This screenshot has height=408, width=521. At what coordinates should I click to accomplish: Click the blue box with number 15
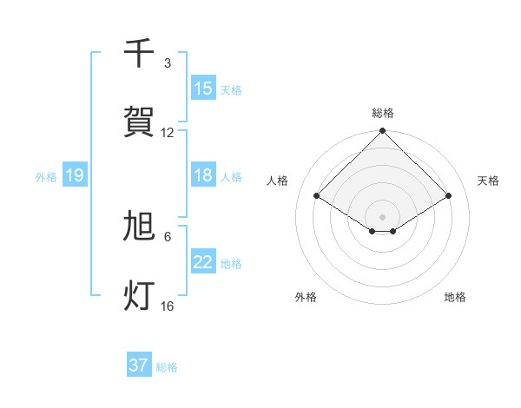pos(203,89)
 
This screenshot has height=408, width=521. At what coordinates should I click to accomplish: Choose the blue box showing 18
pos(203,175)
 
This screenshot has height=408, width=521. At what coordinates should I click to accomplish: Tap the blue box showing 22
pos(203,262)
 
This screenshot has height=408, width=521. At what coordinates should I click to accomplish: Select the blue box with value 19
pos(75,175)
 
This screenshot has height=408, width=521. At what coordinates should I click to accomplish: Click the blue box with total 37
pos(139,365)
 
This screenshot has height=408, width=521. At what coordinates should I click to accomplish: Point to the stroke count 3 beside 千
pos(168,63)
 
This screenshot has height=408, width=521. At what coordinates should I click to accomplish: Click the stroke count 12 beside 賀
pos(168,133)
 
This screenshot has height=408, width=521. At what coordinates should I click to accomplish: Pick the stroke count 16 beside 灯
pos(168,306)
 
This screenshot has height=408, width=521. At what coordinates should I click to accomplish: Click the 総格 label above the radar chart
pos(383,113)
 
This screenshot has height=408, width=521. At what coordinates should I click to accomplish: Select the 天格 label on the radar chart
pos(489,181)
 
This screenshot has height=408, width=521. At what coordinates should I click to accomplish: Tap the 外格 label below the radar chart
pos(306,297)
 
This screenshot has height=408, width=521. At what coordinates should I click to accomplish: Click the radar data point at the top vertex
pos(383,132)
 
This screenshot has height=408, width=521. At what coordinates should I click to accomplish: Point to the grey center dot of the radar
pos(383,216)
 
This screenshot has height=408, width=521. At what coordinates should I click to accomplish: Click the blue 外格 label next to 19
pos(46,176)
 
